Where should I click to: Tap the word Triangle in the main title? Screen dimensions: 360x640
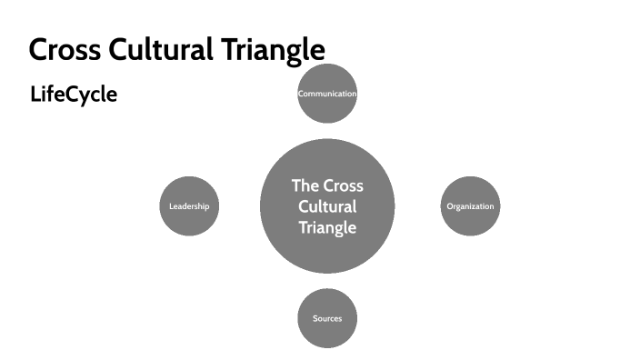[x=270, y=49]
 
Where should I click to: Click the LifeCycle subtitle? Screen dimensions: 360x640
[x=74, y=95]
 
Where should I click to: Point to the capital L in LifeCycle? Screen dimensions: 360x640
[x=35, y=95]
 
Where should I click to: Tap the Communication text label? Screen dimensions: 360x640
[x=327, y=94]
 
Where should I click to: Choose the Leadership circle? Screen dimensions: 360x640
[x=189, y=206]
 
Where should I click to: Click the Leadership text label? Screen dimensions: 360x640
[x=189, y=206]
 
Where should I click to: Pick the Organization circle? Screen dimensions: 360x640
[x=470, y=206]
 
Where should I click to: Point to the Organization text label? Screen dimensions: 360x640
[x=470, y=206]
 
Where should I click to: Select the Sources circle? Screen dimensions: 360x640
[x=327, y=318]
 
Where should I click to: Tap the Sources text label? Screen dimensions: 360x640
[x=327, y=319]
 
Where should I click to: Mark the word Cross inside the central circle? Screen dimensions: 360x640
[x=343, y=185]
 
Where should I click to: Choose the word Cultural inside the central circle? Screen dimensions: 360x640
[x=327, y=206]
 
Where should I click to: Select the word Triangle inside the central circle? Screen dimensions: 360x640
[x=327, y=227]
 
